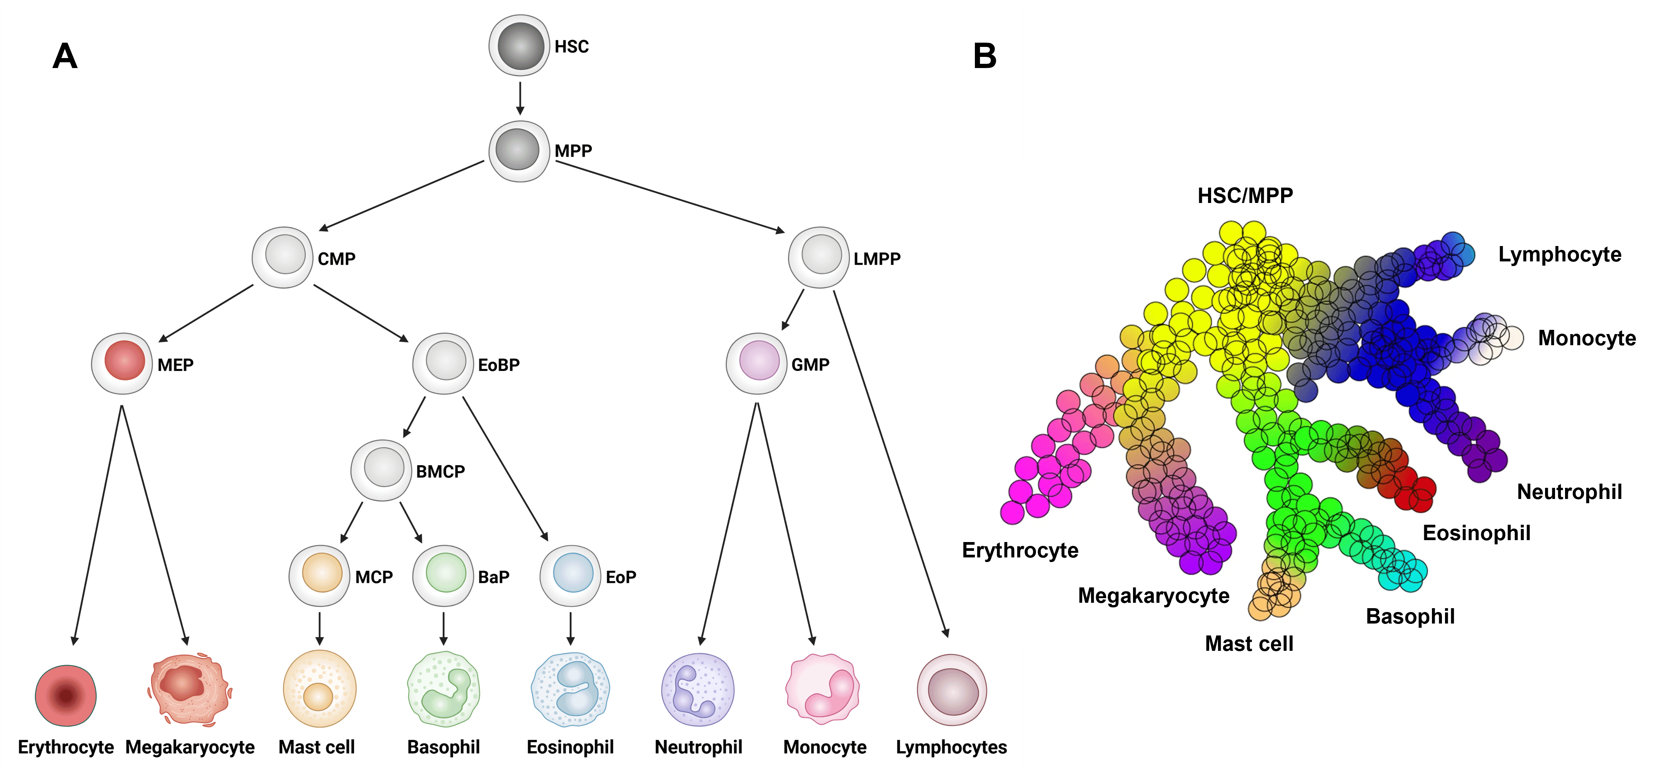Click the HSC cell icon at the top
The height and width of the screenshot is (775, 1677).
[519, 45]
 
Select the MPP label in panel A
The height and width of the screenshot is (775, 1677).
[573, 151]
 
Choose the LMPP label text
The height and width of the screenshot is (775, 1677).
[877, 259]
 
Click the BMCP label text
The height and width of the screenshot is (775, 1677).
[440, 472]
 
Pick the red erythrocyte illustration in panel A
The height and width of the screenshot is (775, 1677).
[66, 695]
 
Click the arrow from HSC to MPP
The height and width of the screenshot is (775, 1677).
[519, 98]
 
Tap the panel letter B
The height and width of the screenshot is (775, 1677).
[985, 56]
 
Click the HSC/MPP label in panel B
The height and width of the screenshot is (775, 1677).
[1245, 195]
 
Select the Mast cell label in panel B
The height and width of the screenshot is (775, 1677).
[1249, 644]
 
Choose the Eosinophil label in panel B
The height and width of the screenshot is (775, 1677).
[1476, 533]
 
